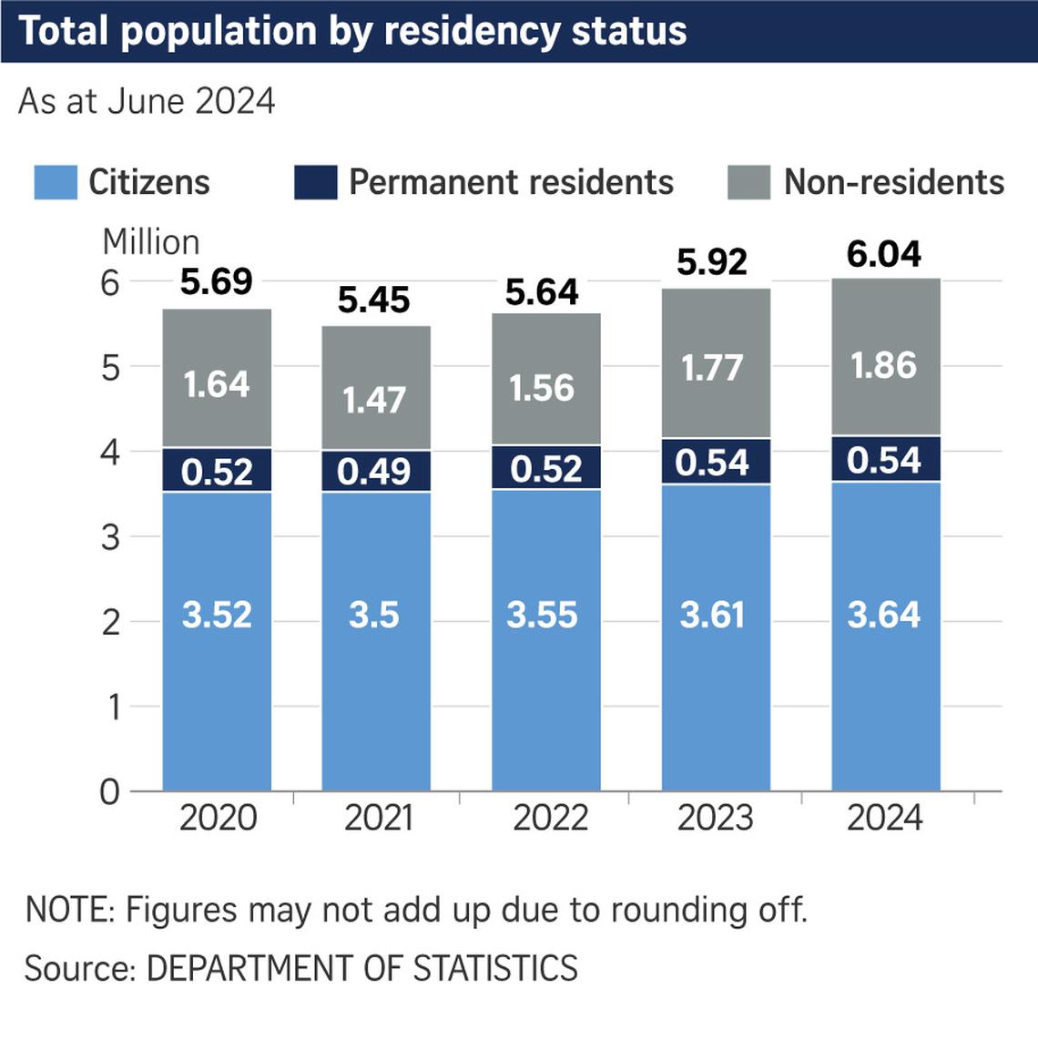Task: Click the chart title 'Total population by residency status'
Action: pyautogui.click(x=352, y=30)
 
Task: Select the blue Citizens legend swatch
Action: pyautogui.click(x=56, y=182)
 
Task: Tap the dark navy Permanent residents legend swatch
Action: pyautogui.click(x=316, y=182)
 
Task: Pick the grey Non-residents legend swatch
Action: pyautogui.click(x=749, y=182)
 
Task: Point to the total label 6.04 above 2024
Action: pyautogui.click(x=883, y=254)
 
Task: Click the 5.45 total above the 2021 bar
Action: pyautogui.click(x=373, y=300)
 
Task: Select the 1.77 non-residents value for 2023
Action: pyautogui.click(x=712, y=368)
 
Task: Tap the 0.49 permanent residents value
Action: pyautogui.click(x=373, y=471)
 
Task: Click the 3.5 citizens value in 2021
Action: pyautogui.click(x=373, y=615)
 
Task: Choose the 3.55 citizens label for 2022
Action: pyautogui.click(x=542, y=615)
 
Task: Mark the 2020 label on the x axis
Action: pyautogui.click(x=218, y=818)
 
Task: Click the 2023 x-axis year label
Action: pyautogui.click(x=715, y=818)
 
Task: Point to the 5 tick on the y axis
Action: pyautogui.click(x=110, y=368)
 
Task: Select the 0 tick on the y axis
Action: pyautogui.click(x=110, y=791)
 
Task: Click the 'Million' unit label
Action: pyautogui.click(x=151, y=242)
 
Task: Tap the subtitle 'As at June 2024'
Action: pyautogui.click(x=147, y=101)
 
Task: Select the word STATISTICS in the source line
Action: pyautogui.click(x=495, y=968)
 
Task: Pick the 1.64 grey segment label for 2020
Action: pyautogui.click(x=217, y=383)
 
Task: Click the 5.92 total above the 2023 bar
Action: pyautogui.click(x=712, y=262)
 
